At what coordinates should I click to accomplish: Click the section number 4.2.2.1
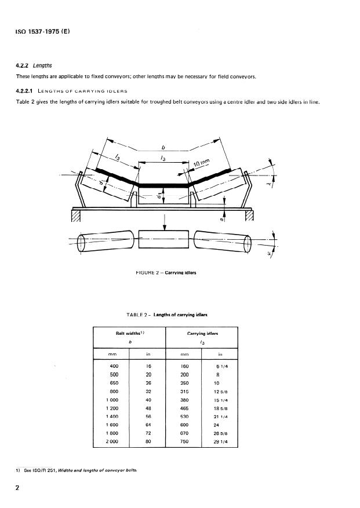coord(27,92)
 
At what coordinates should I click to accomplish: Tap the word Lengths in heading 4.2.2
coord(43,65)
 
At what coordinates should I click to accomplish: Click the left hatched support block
coord(75,215)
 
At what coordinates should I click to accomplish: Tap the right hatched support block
coord(250,215)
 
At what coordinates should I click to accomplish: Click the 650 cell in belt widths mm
coord(114,383)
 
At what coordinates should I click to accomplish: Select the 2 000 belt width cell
coord(112,441)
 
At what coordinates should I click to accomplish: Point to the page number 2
coord(19,488)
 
